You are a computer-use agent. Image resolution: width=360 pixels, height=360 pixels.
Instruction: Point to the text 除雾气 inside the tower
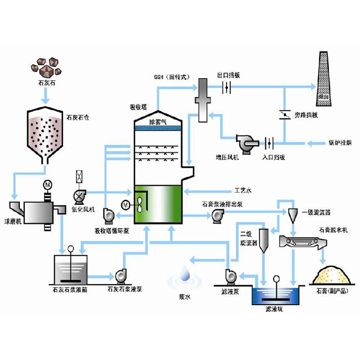pos(158,121)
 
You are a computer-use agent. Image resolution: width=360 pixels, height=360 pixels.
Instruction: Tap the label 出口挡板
pos(229,75)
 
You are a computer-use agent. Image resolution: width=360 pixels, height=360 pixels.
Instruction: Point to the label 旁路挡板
pos(306,115)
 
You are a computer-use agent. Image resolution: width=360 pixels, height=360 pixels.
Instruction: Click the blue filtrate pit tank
pos(274,296)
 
